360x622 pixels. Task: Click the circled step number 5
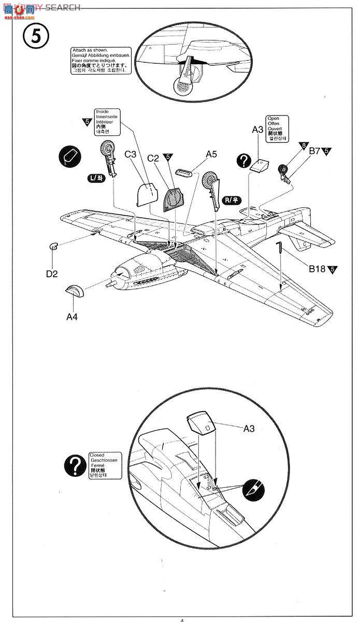pyautogui.click(x=35, y=37)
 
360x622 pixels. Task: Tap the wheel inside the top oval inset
pyautogui.click(x=182, y=86)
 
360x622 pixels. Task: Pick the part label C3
pyautogui.click(x=131, y=154)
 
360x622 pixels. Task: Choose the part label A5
pyautogui.click(x=211, y=154)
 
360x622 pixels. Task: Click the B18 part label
pyautogui.click(x=316, y=268)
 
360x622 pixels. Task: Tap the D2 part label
pyautogui.click(x=51, y=273)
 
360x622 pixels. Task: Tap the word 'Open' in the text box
pyautogui.click(x=272, y=118)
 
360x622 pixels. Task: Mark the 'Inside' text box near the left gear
pyautogui.click(x=107, y=122)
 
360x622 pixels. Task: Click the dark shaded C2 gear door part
pyautogui.click(x=173, y=200)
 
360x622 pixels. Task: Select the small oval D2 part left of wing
pyautogui.click(x=53, y=247)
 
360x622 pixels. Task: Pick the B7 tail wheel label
pyautogui.click(x=315, y=151)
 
